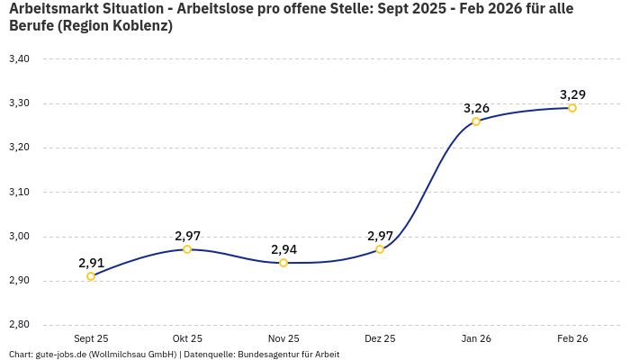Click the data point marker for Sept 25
[x=91, y=276]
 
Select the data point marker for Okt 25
[x=187, y=249]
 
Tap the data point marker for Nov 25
[x=283, y=263]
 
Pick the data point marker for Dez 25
[x=380, y=249]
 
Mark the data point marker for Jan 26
[x=476, y=121]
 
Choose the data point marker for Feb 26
[x=572, y=108]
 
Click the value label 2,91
[x=91, y=263]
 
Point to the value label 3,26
[x=476, y=108]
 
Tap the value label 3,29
[x=572, y=94]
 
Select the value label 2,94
[x=283, y=249]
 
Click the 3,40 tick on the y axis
[x=19, y=59]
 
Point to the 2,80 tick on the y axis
[x=19, y=325]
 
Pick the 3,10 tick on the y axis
[x=19, y=192]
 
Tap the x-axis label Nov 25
[x=283, y=338]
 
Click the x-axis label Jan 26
[x=476, y=338]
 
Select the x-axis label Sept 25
[x=91, y=338]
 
